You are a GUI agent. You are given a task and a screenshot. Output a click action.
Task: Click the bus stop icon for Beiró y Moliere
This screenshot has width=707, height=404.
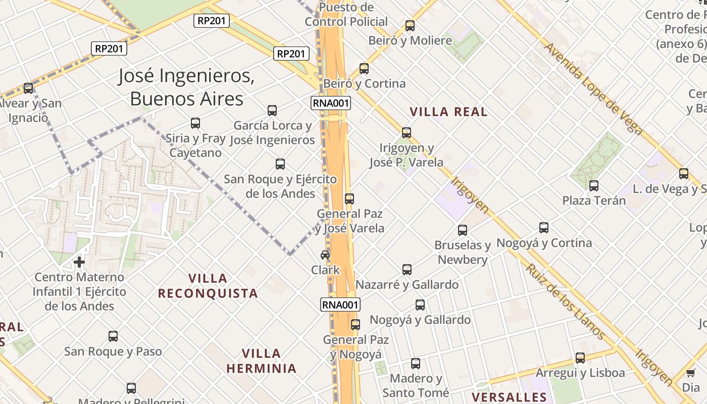click(x=410, y=25)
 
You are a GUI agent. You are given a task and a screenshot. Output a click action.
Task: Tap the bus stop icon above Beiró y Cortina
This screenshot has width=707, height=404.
click(x=364, y=69)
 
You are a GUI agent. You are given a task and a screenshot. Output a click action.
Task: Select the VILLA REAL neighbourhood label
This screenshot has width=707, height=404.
click(x=448, y=112)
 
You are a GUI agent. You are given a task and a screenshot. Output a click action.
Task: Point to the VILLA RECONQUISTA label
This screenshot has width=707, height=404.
click(x=208, y=286)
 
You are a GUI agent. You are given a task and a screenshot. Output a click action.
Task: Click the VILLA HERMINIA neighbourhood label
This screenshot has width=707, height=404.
click(x=261, y=361)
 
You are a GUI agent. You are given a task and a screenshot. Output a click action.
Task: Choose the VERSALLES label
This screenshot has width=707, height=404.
click(x=509, y=397)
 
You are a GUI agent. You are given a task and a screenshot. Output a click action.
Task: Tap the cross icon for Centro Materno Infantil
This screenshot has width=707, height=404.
click(x=79, y=262)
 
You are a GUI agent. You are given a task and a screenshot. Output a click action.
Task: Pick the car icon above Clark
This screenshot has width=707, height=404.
click(x=325, y=255)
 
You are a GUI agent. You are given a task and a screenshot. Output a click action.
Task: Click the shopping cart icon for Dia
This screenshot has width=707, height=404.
click(x=690, y=373)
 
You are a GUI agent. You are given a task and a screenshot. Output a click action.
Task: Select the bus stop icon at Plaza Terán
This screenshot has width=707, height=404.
click(x=594, y=185)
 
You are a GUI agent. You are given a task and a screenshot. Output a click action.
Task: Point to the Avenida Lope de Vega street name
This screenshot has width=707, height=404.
click(x=593, y=89)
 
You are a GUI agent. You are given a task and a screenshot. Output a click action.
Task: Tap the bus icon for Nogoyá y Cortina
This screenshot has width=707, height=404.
click(x=544, y=228)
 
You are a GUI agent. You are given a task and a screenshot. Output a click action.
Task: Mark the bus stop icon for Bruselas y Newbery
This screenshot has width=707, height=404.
click(x=463, y=230)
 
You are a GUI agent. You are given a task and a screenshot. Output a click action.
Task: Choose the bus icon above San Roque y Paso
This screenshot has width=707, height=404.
click(x=113, y=336)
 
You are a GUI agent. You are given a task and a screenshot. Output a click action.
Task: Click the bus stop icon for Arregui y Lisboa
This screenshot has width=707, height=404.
click(x=580, y=358)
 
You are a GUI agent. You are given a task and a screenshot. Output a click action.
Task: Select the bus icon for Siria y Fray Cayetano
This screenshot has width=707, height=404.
click(x=195, y=123)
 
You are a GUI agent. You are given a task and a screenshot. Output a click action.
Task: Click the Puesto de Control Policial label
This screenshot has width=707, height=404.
click(x=346, y=15)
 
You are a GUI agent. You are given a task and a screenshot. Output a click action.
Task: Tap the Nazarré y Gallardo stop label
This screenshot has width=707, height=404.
click(x=407, y=285)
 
